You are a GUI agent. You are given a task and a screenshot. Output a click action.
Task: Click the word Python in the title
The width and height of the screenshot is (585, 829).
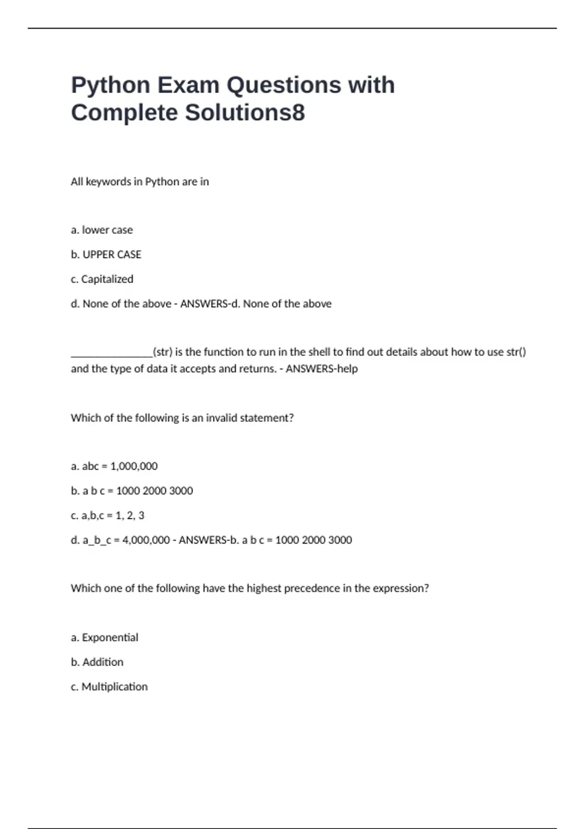point(111,85)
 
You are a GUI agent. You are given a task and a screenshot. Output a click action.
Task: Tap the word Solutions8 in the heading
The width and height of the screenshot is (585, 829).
point(245,113)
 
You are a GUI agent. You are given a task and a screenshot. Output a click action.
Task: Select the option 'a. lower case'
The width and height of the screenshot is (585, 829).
point(102,230)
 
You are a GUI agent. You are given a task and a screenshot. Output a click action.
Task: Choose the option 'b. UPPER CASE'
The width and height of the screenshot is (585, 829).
point(106,255)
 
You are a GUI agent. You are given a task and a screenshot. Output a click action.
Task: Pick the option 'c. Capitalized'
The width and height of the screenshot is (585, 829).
point(102,279)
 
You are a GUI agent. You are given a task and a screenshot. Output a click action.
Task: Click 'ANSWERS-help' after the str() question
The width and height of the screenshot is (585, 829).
point(322,369)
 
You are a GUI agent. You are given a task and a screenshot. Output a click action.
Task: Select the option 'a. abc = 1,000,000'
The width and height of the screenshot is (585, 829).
point(114,466)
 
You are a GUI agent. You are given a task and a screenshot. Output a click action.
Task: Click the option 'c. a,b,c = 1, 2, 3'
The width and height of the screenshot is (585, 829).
point(108,515)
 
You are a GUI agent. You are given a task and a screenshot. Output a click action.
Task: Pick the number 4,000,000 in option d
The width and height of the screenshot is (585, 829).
point(146,540)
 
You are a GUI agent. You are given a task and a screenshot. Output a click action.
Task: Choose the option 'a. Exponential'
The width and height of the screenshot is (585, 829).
point(104,638)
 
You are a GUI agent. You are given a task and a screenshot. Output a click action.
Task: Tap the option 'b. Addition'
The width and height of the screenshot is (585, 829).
point(97,662)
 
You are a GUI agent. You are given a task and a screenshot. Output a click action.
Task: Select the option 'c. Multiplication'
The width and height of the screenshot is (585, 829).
point(109,687)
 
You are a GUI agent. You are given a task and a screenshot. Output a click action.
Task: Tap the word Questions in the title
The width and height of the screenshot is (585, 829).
point(283,85)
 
